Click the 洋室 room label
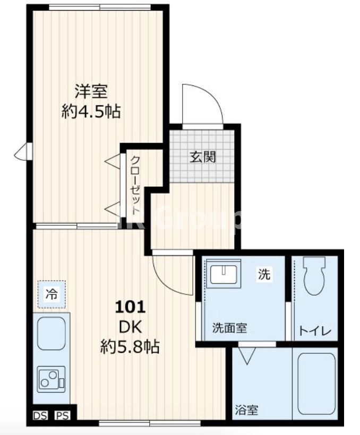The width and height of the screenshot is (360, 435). point(91,92)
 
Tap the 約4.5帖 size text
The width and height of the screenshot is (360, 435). point(91,112)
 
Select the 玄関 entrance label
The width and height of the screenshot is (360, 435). point(203,157)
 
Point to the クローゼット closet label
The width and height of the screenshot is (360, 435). point(135,183)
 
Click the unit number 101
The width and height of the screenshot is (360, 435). point(131,307)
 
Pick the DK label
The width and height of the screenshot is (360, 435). point(131,327)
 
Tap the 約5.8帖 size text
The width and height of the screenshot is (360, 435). point(131,347)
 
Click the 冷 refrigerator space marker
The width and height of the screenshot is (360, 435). point(52,293)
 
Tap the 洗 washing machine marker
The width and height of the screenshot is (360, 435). point(264,274)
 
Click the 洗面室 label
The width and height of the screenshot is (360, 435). point(230,327)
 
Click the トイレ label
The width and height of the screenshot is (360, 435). point(315,332)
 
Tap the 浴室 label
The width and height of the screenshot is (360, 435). point(246,410)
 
